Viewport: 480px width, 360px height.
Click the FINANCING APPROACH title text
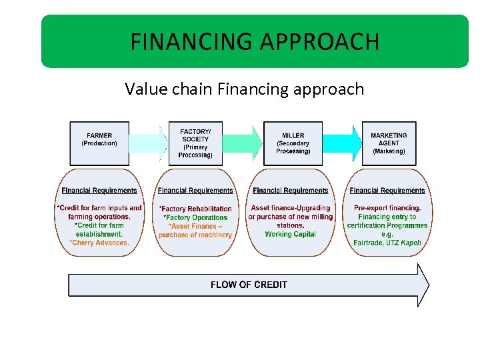[255, 42]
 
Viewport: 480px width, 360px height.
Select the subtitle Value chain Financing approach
[244, 89]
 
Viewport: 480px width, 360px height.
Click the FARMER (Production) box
[99, 143]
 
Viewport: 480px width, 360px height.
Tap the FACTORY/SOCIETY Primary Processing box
[195, 143]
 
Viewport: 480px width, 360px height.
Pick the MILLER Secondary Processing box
[293, 143]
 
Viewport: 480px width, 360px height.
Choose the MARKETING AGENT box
[389, 143]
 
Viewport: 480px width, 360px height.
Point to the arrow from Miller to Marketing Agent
[340, 143]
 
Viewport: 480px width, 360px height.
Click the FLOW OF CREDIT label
[249, 285]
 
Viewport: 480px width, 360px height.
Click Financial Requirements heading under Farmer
[99, 191]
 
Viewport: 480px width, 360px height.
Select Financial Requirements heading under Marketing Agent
[387, 191]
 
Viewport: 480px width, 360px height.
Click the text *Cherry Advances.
[99, 243]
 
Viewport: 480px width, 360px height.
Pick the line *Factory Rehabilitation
[195, 209]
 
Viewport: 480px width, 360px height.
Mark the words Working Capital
[291, 234]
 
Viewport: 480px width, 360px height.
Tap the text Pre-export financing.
[387, 208]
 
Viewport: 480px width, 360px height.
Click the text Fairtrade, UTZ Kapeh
[387, 243]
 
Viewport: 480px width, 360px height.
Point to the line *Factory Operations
[195, 217]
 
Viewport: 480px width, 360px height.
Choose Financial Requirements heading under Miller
[291, 191]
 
